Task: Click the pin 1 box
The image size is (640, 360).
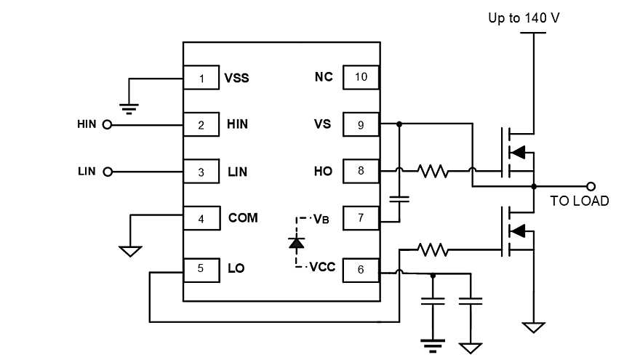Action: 201,77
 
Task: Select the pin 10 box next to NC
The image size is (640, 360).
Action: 361,77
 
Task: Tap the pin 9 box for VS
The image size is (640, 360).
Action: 361,124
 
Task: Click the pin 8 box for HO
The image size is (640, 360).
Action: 361,172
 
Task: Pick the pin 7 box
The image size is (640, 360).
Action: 361,217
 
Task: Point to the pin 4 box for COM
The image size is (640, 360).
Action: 201,217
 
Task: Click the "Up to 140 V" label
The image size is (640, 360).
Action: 524,17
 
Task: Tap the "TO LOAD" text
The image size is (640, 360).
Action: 580,201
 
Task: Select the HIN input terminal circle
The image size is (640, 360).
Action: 108,124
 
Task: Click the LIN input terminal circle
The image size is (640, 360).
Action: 108,172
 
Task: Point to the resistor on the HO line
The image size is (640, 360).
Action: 433,172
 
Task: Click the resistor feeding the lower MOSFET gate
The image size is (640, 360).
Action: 433,249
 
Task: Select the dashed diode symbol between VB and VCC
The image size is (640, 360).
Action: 296,242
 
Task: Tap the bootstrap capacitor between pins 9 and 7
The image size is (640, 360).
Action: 399,197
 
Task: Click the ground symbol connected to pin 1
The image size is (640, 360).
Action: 129,109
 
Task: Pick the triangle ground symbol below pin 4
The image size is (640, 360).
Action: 130,252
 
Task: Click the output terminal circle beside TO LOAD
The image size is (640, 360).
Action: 591,186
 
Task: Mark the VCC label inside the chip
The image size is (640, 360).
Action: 322,267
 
